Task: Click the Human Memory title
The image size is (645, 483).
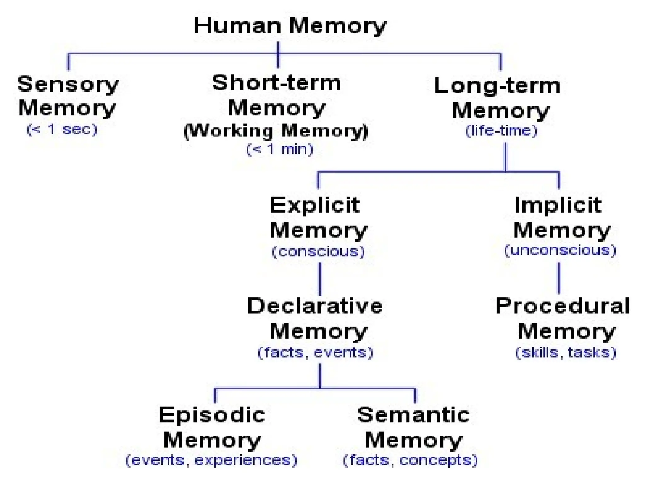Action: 290,26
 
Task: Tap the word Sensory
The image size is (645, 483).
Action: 68,84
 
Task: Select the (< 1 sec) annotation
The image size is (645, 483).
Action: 62,129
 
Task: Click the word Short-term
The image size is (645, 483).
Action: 277,83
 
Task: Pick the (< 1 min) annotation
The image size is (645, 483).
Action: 280,149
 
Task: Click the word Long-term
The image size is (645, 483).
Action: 497,86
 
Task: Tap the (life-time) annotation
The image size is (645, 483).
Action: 501,130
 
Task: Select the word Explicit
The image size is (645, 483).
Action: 315,205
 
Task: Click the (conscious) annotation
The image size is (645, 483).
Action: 318,252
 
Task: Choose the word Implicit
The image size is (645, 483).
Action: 558,205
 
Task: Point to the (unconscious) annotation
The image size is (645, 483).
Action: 560,250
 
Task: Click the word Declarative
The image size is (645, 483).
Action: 315,306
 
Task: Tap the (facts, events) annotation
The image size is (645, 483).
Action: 315,352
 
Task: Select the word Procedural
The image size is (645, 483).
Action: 562,306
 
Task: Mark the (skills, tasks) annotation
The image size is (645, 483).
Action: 566,352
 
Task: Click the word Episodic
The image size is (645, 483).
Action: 212,415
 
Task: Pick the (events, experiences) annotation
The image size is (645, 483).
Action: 211,460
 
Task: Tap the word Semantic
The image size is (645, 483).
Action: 413,415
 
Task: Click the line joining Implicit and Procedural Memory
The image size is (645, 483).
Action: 559,278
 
